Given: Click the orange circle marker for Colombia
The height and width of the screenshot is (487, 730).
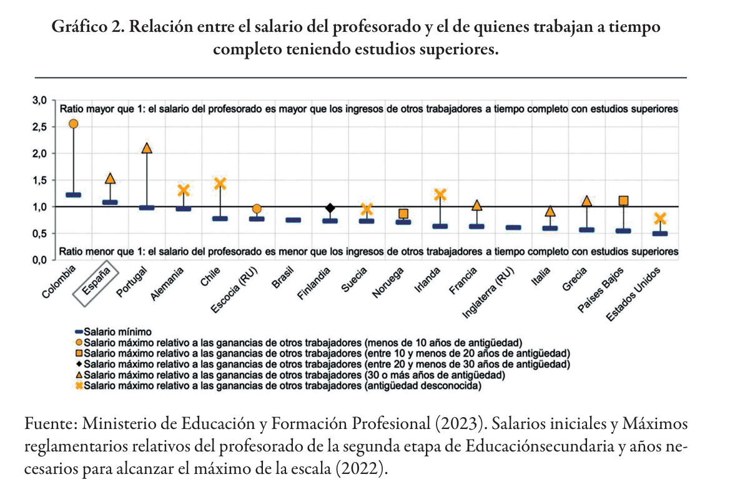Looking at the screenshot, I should [x=73, y=124].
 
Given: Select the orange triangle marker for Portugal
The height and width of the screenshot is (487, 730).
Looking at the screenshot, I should [x=147, y=148].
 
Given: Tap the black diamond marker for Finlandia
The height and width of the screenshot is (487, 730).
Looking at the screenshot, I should [x=330, y=208].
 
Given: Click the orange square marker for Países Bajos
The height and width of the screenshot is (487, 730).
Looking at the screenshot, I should [x=623, y=200].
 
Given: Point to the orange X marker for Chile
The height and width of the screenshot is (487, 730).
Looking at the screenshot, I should [x=220, y=184].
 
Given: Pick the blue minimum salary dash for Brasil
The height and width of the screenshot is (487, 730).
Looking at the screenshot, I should [x=293, y=220].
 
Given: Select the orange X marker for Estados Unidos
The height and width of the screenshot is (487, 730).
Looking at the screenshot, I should [x=660, y=219].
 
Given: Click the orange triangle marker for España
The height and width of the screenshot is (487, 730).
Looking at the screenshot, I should [x=110, y=179].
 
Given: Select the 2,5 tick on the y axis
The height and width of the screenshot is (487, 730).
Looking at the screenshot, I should [x=39, y=127].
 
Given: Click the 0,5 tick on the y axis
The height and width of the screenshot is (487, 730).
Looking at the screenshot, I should [x=39, y=234].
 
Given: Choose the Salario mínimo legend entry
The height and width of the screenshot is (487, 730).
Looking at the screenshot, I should [x=113, y=332].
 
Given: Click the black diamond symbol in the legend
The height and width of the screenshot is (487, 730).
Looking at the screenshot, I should [x=79, y=363].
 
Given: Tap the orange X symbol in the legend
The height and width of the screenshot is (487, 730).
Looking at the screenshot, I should [x=79, y=386].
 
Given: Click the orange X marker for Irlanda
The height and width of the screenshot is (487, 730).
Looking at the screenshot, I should [x=440, y=195].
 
